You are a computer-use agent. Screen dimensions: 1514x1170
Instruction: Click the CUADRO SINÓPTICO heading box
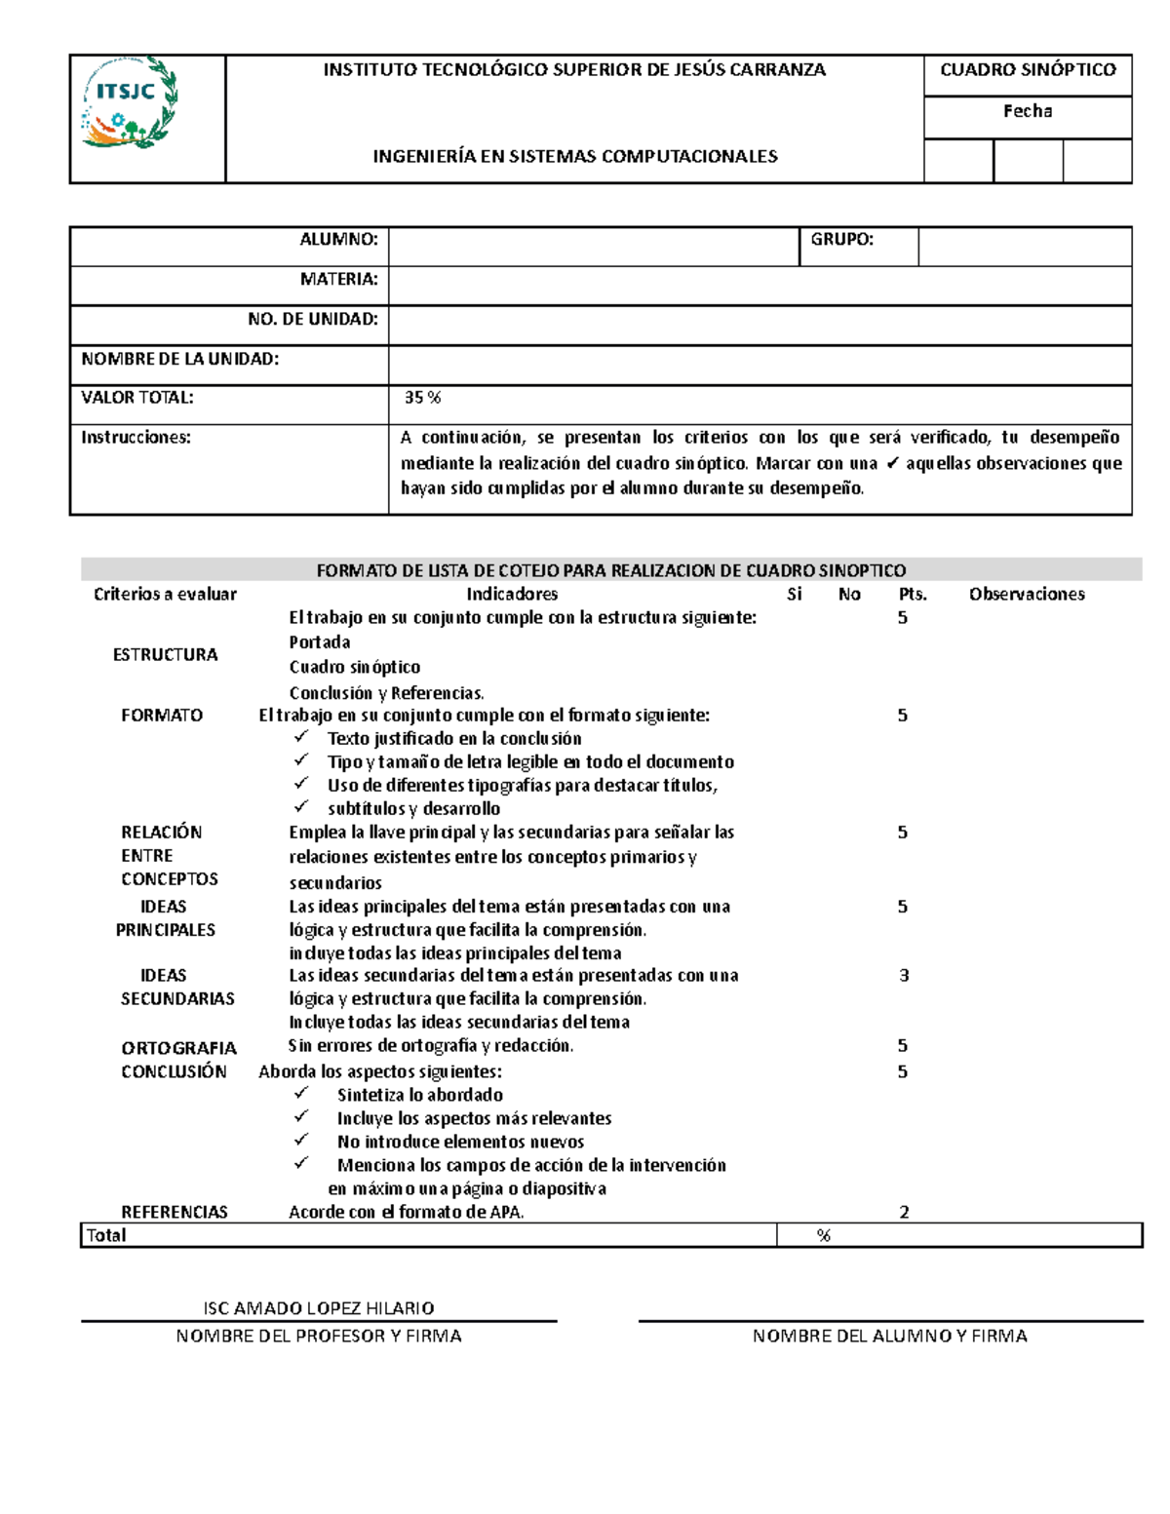pos(1028,70)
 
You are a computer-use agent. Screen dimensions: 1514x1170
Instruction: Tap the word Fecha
pos(1028,111)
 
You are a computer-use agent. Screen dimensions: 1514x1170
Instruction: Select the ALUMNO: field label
pos(338,240)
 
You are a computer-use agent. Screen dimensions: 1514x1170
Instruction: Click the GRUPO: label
pos(841,240)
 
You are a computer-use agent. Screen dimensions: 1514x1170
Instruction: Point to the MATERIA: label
pos(338,280)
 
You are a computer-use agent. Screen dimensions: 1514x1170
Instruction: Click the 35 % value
pos(423,398)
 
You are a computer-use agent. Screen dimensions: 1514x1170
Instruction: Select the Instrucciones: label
pos(136,438)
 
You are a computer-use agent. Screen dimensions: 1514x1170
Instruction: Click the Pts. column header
pos(913,594)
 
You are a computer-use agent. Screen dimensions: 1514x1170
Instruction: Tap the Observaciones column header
pos(1027,594)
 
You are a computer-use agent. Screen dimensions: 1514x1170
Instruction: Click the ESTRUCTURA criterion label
pos(165,654)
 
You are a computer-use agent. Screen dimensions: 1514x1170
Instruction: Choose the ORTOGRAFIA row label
pos(178,1048)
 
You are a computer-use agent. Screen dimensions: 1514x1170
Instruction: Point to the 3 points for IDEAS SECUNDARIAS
pos(904,975)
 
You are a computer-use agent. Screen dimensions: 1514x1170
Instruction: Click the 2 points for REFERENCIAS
pos(904,1213)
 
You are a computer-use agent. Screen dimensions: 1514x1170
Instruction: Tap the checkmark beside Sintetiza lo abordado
pos(301,1093)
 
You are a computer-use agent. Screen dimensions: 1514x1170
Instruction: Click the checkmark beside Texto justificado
pos(301,737)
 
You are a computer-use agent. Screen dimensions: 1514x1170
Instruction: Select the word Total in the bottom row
pos(106,1235)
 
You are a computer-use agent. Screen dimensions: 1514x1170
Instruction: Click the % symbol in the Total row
pos(824,1235)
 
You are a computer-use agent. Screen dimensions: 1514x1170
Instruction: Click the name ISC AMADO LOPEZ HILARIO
pos(318,1308)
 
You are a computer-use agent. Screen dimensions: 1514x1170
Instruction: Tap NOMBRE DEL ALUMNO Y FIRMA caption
pos(889,1337)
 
